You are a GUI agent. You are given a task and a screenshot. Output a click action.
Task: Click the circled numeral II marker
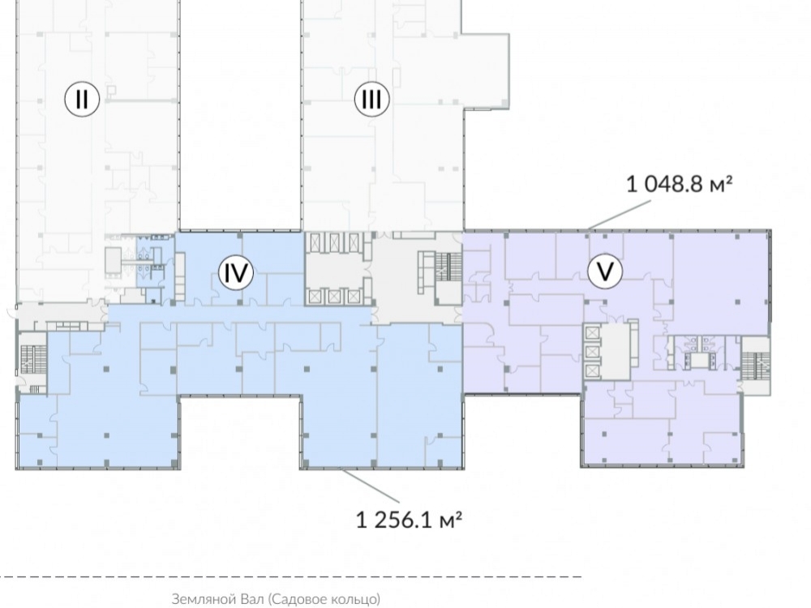tap(82, 98)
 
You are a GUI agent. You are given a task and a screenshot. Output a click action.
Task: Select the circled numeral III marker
tap(371, 98)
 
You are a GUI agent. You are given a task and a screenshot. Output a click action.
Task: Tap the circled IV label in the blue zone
tap(236, 272)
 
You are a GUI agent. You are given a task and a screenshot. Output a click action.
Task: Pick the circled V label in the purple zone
tap(605, 271)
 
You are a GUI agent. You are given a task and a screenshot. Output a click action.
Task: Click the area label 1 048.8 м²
tap(679, 183)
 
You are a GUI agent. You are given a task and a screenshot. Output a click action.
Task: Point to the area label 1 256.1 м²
tap(409, 520)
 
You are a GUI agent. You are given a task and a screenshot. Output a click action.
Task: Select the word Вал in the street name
tap(252, 599)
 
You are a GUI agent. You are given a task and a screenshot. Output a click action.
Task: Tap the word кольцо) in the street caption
tap(357, 599)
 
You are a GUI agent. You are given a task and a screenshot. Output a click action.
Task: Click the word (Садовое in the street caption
tap(299, 599)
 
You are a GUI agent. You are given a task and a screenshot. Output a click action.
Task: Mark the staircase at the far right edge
tap(756, 366)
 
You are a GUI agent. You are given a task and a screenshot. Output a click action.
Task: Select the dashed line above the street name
tap(290, 576)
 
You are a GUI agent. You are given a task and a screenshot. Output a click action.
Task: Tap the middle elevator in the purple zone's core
tap(592, 352)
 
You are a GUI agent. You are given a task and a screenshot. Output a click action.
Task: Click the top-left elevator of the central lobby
tap(315, 242)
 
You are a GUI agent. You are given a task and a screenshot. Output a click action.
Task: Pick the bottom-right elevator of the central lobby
tap(354, 296)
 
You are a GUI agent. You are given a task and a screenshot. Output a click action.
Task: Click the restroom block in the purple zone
tap(701, 352)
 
